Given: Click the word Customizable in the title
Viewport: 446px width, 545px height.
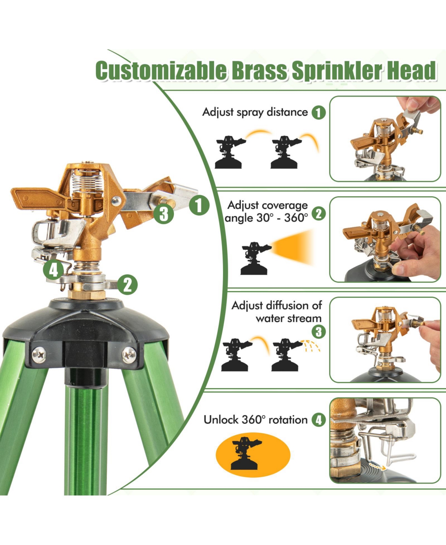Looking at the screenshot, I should [161, 71].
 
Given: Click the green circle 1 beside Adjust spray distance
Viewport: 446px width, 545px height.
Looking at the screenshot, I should [319, 112].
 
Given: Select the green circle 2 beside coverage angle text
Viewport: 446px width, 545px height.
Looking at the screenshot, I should [319, 213].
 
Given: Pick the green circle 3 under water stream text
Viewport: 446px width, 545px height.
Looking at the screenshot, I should [319, 332].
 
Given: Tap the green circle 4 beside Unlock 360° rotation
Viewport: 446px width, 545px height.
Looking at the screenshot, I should [319, 420].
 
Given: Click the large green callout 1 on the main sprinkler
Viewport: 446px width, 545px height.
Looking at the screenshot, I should [199, 205].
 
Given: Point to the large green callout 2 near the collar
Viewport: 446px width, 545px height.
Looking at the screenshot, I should [127, 285].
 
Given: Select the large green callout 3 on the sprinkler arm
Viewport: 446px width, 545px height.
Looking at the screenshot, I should [164, 213].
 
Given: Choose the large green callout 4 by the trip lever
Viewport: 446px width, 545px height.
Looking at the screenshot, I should [54, 270].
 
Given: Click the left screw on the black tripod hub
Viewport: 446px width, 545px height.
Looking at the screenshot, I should [39, 355].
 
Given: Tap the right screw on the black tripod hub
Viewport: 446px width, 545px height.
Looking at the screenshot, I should [129, 355].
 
